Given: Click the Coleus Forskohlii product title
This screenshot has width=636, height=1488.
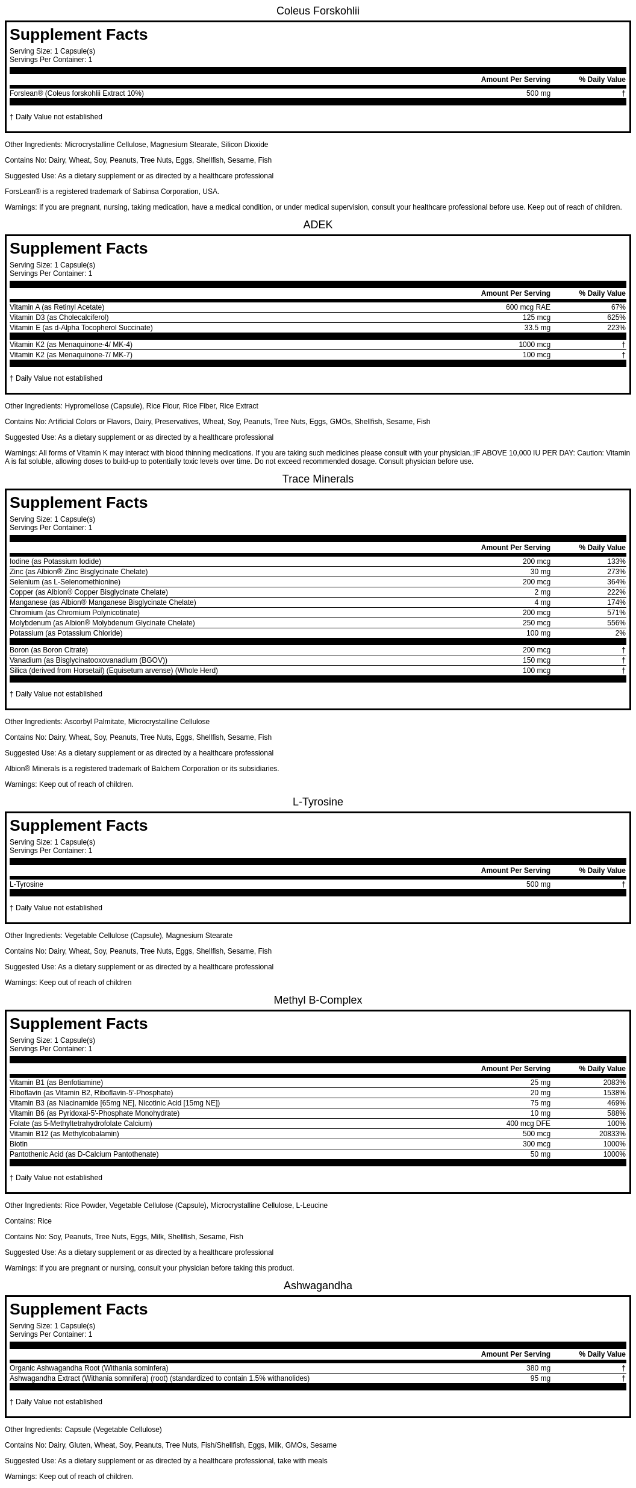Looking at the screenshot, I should [x=317, y=11].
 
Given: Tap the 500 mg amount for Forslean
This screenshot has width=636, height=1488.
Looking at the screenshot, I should [x=538, y=93].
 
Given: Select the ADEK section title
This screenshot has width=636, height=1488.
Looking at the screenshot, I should [x=317, y=225].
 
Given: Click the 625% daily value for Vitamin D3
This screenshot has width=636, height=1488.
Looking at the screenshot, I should [x=616, y=317].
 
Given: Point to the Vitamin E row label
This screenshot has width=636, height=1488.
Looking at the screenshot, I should [x=81, y=328].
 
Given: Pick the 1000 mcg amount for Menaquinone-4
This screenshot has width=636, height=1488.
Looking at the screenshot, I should [x=534, y=345].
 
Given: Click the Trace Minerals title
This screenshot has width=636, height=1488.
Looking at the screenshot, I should [x=317, y=479].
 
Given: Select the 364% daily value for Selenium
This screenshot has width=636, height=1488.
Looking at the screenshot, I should [x=616, y=582].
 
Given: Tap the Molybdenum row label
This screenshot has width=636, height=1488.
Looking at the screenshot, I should [x=102, y=623].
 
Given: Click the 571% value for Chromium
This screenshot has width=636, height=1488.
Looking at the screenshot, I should [x=616, y=613].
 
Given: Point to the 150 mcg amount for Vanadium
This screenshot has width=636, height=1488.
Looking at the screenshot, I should [x=536, y=660].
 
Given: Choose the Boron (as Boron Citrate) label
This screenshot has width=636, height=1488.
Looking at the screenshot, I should [x=49, y=650].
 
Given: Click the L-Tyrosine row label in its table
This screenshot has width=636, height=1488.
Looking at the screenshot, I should [x=26, y=884].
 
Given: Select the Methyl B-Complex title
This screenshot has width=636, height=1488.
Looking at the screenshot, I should [x=317, y=1000].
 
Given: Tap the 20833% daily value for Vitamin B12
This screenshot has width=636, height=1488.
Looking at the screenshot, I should [x=612, y=1134].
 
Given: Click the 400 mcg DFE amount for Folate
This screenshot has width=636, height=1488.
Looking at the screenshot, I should [x=528, y=1124].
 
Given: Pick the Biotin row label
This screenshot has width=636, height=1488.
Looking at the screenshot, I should [x=19, y=1144].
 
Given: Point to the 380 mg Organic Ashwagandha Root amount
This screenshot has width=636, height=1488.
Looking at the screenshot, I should [x=538, y=1368].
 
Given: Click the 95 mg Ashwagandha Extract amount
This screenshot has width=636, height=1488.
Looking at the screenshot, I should [x=540, y=1378].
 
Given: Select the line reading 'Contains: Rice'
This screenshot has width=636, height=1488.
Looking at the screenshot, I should [x=28, y=1221].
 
